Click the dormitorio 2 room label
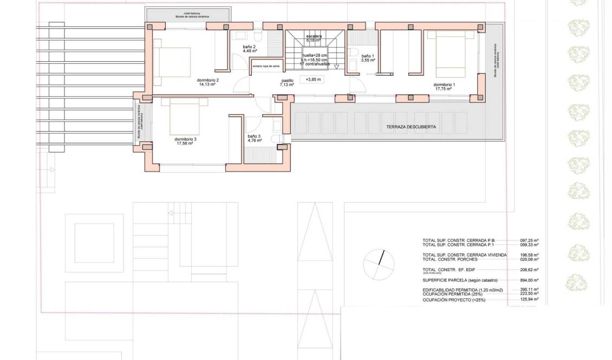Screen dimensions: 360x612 coord(209,82)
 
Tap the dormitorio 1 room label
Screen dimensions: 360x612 coord(444,87)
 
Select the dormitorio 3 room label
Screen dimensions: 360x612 coord(185,141)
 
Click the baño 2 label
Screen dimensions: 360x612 coord(249,49)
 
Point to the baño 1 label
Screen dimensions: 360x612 coord(368,58)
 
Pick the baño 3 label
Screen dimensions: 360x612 coord(255,138)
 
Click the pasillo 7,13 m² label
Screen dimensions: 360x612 coord(287,83)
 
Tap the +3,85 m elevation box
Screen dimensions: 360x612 coord(314,80)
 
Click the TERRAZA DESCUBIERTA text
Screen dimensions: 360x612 coord(411,127)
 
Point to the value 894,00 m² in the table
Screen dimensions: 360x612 coord(529,280)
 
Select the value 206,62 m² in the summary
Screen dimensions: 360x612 coord(529,269)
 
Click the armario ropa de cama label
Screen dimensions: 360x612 coord(266,67)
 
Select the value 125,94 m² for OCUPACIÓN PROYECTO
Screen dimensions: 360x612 coord(529,299)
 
